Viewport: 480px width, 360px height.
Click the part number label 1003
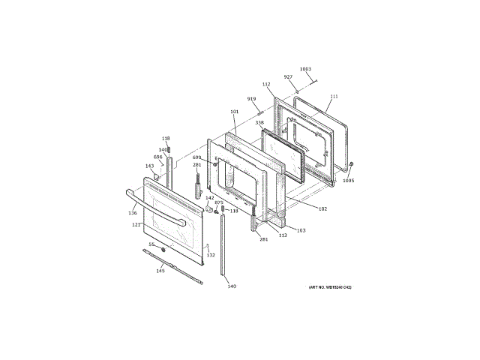tap(305, 70)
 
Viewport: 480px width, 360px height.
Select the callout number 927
tap(288, 77)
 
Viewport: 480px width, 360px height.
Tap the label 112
tap(266, 84)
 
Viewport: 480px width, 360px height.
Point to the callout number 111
tap(334, 97)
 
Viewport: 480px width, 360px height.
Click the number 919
tap(251, 99)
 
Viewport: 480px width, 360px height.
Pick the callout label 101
tap(234, 112)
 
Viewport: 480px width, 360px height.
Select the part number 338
tap(259, 122)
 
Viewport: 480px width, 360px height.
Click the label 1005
tap(348, 180)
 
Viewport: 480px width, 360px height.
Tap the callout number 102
tap(322, 208)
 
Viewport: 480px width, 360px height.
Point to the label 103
tap(301, 230)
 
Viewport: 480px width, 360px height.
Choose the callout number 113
tap(283, 235)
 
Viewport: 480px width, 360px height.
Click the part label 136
tap(133, 213)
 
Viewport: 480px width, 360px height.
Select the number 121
tap(136, 224)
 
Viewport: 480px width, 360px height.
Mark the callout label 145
tap(160, 271)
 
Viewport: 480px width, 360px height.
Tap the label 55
tap(151, 244)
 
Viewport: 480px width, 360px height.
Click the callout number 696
tap(158, 157)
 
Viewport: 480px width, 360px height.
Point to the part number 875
tap(219, 202)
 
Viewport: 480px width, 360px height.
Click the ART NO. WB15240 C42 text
tap(329, 287)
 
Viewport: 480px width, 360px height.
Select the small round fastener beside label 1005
tap(352, 164)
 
